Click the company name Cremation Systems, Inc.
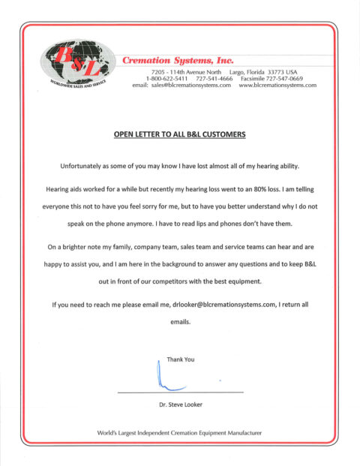178,59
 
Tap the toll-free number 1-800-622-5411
166,78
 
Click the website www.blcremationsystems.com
277,86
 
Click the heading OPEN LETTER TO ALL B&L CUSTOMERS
179,135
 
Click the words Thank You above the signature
181,359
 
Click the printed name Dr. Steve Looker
180,405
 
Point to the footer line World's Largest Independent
180,434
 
